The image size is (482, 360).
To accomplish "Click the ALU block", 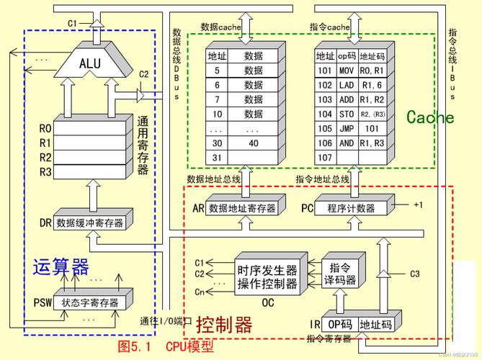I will click(91, 63).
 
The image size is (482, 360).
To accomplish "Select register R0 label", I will click(45, 129).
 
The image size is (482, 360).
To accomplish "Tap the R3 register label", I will click(45, 172).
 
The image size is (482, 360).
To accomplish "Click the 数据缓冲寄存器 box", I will click(90, 222).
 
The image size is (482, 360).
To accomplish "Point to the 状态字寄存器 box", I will click(90, 302).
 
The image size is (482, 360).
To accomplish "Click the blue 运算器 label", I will click(61, 268).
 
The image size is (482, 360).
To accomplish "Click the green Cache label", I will click(430, 117).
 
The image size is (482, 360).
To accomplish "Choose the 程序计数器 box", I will click(351, 209).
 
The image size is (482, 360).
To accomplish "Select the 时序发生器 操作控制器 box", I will click(267, 277).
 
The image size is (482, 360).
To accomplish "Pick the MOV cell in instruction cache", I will click(347, 71).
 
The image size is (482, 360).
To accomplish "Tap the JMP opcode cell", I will click(347, 128).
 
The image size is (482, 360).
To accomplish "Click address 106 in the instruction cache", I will click(324, 143).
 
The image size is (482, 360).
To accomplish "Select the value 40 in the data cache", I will click(254, 143).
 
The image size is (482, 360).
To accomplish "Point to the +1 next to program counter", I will click(419, 204).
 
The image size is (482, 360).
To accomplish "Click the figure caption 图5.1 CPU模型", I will click(166, 347).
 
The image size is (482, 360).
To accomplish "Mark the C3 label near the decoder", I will click(414, 274).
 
